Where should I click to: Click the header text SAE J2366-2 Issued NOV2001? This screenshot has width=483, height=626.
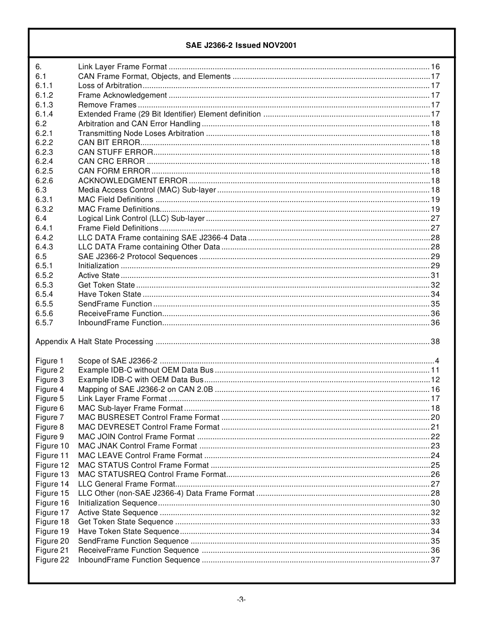[x=241, y=45]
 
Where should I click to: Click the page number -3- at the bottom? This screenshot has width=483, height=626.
[x=241, y=600]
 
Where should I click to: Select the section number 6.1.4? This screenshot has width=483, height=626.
[x=44, y=115]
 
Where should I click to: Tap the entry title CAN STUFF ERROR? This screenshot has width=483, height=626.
[x=115, y=152]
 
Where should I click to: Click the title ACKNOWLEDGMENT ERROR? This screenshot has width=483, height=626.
[x=133, y=181]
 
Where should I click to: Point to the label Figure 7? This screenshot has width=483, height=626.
[x=50, y=418]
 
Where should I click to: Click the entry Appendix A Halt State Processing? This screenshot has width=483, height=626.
[x=94, y=342]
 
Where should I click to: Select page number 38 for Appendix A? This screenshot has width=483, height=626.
[x=435, y=342]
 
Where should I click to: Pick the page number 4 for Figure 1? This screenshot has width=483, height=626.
[x=437, y=361]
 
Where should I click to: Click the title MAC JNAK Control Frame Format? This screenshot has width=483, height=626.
[x=137, y=446]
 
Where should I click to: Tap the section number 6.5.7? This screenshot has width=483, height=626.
[x=44, y=323]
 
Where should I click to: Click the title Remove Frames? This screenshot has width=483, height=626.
[x=107, y=105]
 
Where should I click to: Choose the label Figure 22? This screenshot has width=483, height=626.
[x=52, y=560]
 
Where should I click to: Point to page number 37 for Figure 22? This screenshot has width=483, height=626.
[x=435, y=560]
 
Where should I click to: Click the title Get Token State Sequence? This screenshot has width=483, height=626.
[x=126, y=522]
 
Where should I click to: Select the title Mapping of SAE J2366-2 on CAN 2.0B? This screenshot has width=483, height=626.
[x=145, y=389]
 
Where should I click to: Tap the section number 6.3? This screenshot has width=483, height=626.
[x=41, y=190]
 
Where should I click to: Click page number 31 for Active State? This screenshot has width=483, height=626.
[x=435, y=276]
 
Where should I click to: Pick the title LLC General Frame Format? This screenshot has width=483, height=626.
[x=127, y=484]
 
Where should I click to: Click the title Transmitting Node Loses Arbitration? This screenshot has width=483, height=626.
[x=141, y=133]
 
